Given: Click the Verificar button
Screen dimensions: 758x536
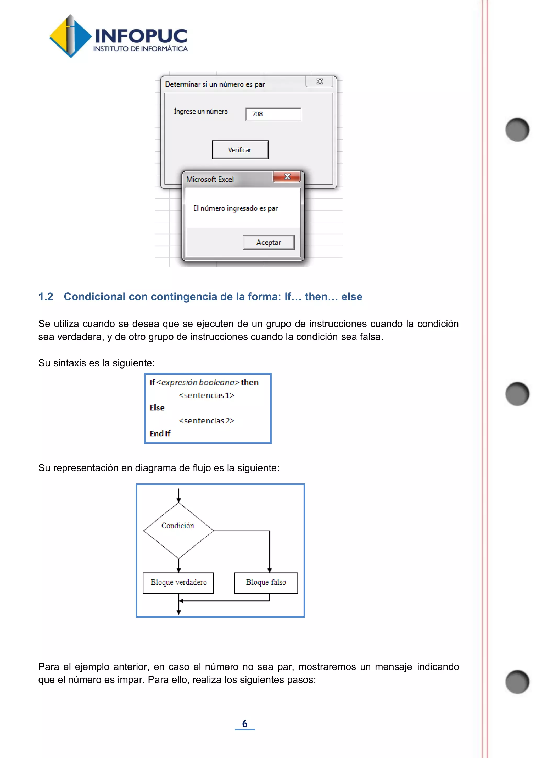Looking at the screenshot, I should point(240,150).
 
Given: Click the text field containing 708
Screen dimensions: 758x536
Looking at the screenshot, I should point(273,114).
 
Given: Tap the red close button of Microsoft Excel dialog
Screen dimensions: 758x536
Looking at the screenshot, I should point(287,177).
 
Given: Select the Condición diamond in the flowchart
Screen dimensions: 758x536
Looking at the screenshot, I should point(178,530).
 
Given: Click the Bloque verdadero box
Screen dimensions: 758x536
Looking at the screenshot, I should point(178,583).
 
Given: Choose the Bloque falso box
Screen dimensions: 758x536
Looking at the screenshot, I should point(266,583).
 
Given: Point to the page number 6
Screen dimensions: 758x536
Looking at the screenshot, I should point(244,723).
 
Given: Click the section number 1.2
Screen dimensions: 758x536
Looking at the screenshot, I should point(46,297).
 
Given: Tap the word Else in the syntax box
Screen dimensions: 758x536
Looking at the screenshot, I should point(157,408).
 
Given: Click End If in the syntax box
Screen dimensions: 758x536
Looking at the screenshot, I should point(160,433).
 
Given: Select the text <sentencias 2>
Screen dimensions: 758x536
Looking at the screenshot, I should point(206,421).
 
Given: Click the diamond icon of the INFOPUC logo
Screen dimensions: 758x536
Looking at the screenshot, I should point(70,36).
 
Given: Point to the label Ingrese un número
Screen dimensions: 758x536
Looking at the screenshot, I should point(201,112).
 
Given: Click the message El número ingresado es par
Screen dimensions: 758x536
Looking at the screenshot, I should point(235,208).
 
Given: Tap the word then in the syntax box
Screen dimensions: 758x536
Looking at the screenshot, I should point(249,382).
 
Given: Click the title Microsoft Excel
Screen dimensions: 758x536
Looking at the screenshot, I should point(210,179).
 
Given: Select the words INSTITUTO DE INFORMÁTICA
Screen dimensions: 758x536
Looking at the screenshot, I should point(140,49).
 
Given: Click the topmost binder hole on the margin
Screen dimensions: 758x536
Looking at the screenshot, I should point(517,129).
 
